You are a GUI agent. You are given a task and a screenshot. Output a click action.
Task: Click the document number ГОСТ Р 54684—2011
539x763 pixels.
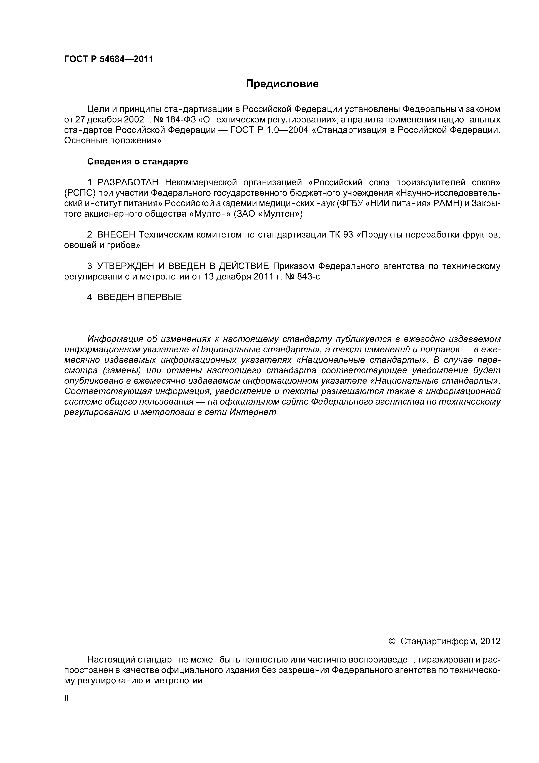(x=109, y=59)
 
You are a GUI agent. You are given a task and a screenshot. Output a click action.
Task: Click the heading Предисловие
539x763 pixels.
(x=282, y=84)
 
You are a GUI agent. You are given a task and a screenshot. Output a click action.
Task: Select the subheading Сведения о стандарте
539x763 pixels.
(x=138, y=162)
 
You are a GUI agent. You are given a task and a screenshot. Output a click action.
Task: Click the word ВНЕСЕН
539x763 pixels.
(x=116, y=235)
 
